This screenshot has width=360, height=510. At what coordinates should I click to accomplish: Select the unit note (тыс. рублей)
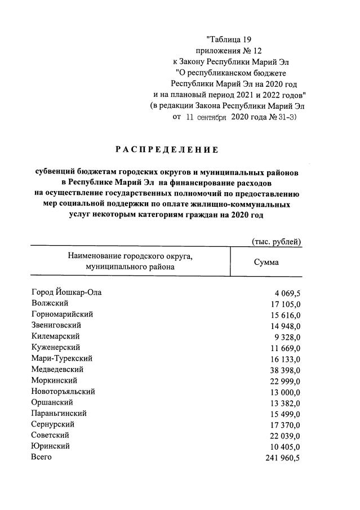pyautogui.click(x=276, y=242)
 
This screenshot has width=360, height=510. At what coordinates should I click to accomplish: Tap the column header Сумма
pyautogui.click(x=266, y=263)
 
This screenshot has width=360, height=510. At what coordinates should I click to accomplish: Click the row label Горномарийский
pyautogui.click(x=63, y=314)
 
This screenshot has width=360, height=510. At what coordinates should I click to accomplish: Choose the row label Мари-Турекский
pyautogui.click(x=62, y=358)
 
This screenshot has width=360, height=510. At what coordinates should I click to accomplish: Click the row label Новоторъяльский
pyautogui.click(x=63, y=391)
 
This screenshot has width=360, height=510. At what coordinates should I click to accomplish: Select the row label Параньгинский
pyautogui.click(x=59, y=413)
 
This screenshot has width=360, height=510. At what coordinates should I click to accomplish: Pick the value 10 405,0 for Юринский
pyautogui.click(x=285, y=446)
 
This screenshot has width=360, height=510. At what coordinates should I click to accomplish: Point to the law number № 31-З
pyautogui.click(x=282, y=117)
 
